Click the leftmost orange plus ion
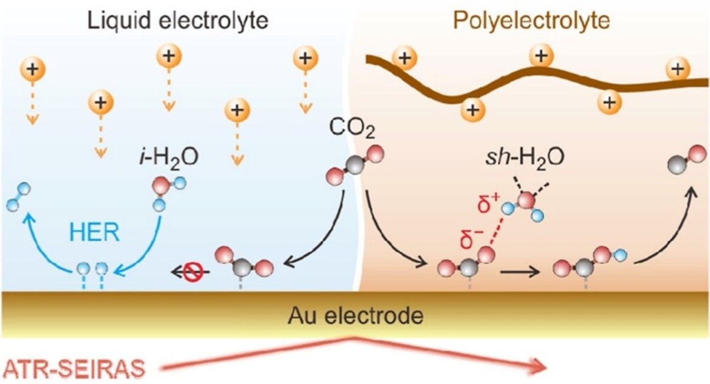point(33,69)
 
